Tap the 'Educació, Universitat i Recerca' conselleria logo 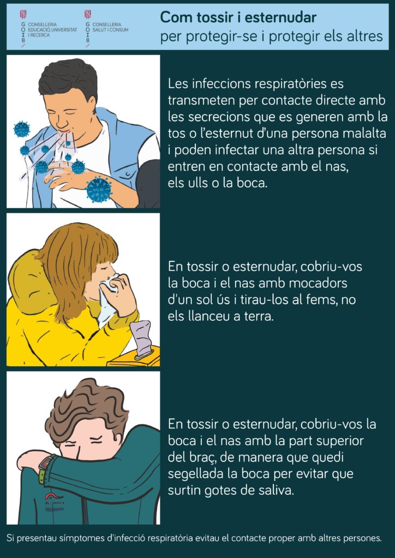coord(49,28)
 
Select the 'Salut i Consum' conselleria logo coord(106,28)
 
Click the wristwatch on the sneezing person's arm coord(46,463)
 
